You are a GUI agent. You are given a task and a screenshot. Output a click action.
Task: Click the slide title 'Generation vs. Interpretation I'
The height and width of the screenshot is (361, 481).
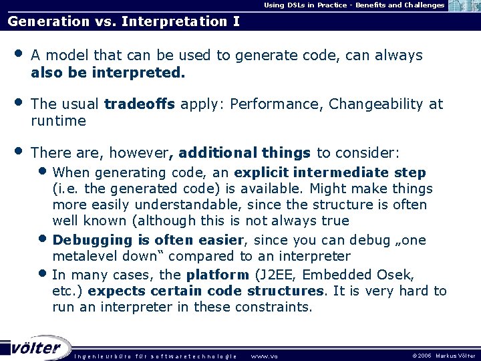(124, 21)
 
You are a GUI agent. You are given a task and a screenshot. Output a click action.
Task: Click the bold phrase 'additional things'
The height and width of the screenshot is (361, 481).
(245, 153)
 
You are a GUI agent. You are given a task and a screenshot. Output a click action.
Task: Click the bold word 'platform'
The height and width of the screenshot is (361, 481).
(218, 274)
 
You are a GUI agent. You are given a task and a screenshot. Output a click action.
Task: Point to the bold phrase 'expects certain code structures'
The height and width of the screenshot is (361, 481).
(206, 291)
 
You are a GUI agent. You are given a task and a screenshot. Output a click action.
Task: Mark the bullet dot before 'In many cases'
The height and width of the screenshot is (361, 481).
(43, 273)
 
